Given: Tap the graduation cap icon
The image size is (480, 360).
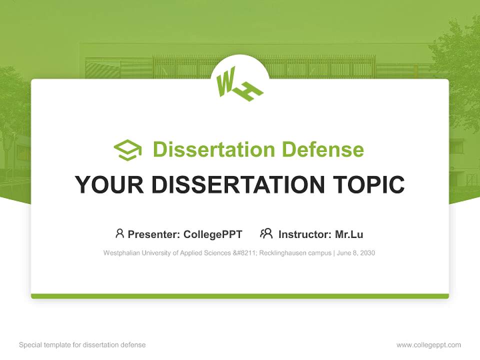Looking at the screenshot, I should (127, 149).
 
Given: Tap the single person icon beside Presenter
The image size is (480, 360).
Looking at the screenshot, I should (119, 233).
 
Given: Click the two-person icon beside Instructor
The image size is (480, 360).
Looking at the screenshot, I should (266, 233).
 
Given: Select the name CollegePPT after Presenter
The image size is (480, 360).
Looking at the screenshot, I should (212, 234).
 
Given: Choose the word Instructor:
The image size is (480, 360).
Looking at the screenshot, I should (305, 234).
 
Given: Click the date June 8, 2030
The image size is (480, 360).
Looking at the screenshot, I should (356, 253).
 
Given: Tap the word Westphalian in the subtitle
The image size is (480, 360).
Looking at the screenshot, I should (120, 253).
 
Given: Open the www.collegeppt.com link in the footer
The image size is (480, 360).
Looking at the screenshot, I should (428, 345).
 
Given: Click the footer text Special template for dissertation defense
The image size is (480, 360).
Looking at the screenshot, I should (82, 345).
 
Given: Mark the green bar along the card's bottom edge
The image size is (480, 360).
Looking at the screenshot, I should (240, 296).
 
